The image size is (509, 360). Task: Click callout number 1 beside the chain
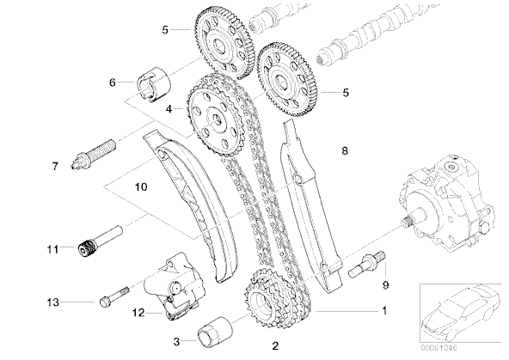pos(384,311)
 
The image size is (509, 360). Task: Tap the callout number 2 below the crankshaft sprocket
pos(275,346)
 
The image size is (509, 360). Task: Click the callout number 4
pos(169,109)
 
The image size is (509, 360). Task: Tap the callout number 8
pos(345,151)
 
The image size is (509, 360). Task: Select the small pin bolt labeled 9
pos(367,265)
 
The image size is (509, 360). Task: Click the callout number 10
pos(141,186)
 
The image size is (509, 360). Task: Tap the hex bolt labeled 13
pos(115,296)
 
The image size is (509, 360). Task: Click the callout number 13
pos(52,302)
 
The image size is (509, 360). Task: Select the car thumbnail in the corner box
pos(461,312)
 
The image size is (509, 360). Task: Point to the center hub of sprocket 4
pos(215,119)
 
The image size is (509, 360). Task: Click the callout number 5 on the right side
pos(346,93)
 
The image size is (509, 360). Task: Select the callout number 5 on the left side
pos(165,30)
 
